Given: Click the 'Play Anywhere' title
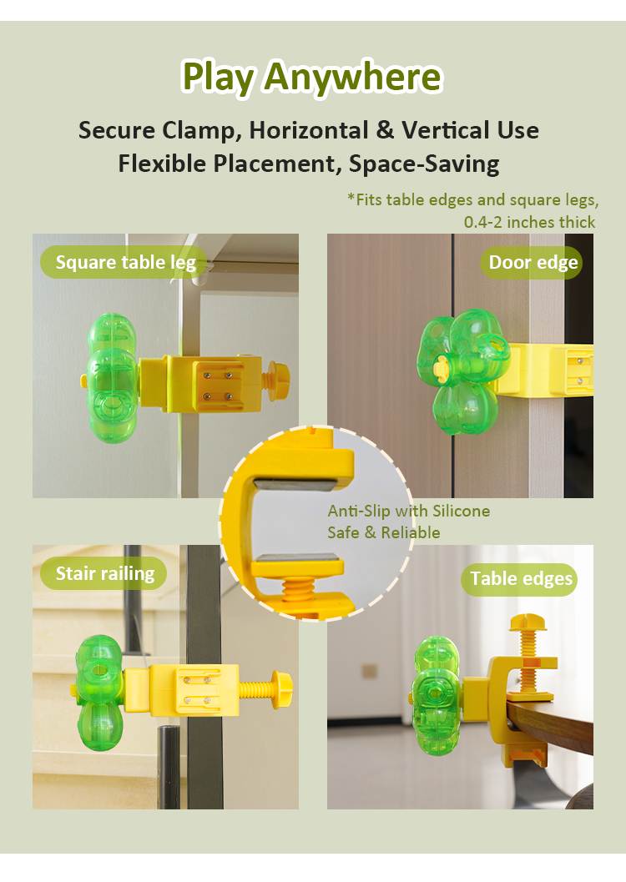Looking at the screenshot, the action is (x=312, y=78).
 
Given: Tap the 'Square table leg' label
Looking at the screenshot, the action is (x=125, y=262).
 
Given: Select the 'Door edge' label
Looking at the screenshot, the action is (x=533, y=262).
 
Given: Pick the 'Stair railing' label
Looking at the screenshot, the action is (x=104, y=573).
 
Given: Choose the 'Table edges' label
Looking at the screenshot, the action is (x=521, y=579).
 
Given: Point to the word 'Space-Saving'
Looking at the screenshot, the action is (x=424, y=164).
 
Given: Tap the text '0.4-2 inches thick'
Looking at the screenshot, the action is (x=529, y=222).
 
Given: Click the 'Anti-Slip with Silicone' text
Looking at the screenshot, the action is (x=409, y=511).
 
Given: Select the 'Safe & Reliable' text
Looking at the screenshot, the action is (x=384, y=532).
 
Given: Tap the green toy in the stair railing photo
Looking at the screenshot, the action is (x=99, y=693).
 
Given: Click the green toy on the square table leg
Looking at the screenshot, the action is (x=113, y=378).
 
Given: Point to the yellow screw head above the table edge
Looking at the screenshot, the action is (x=528, y=622).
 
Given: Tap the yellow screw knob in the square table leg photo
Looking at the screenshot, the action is (x=279, y=381).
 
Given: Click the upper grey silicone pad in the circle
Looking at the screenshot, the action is (x=295, y=484).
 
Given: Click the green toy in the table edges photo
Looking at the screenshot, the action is (x=437, y=695).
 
